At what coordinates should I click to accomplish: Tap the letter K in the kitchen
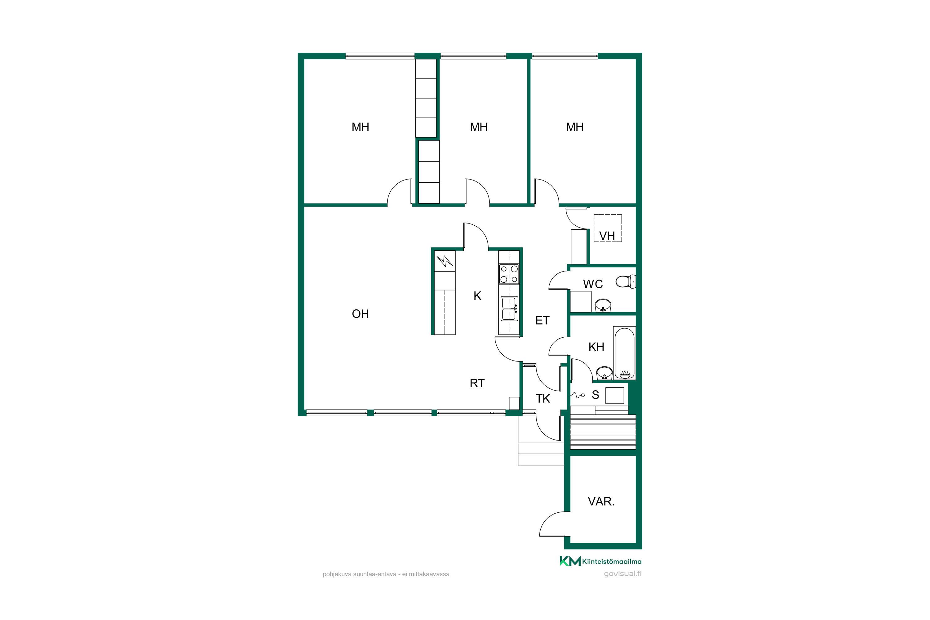(x=477, y=296)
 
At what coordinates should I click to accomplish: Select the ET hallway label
(x=542, y=320)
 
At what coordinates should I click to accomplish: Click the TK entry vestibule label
(x=542, y=399)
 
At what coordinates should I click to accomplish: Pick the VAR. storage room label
(x=601, y=501)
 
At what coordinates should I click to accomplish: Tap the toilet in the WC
(x=626, y=281)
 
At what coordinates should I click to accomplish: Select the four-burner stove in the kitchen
(x=509, y=274)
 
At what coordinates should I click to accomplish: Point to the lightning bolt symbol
(x=445, y=261)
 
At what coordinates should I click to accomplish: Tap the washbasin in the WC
(x=603, y=305)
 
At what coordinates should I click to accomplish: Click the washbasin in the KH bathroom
(x=604, y=373)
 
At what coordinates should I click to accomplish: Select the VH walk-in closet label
(x=607, y=236)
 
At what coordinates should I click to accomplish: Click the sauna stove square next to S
(x=615, y=396)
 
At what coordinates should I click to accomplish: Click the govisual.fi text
(x=623, y=574)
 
